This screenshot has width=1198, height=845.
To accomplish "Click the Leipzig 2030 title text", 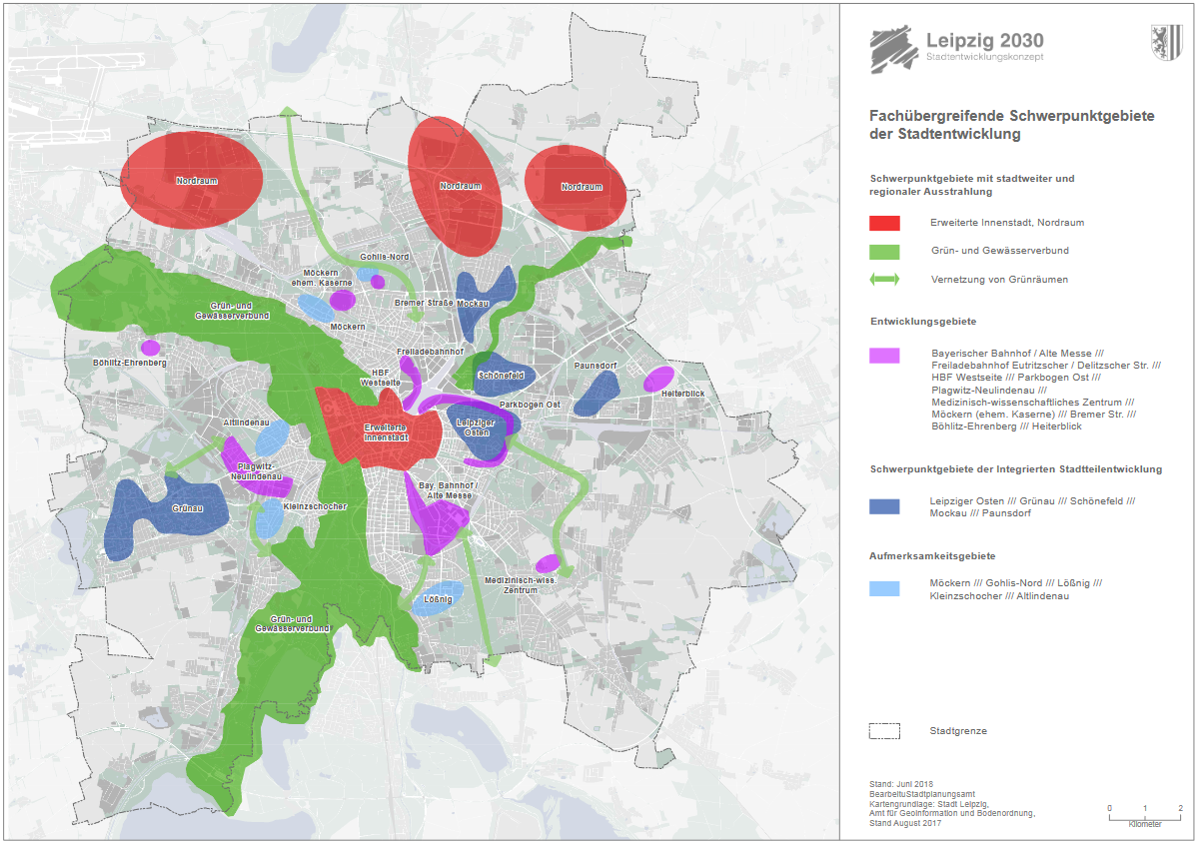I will click(x=984, y=41).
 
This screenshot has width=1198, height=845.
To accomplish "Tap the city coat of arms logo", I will click(x=1166, y=45).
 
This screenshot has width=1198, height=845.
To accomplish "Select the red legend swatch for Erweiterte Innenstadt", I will click(x=884, y=223).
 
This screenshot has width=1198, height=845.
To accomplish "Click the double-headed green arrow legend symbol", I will click(x=884, y=280).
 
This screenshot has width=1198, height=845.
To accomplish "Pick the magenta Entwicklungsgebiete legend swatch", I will click(x=884, y=355).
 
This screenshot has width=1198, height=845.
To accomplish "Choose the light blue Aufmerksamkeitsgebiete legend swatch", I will click(x=884, y=589).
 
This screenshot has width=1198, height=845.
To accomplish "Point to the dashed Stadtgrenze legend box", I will click(x=884, y=731).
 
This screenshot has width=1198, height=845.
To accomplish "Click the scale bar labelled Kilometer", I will click(x=1145, y=815).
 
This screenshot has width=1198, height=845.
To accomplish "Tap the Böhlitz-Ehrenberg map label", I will click(x=129, y=363).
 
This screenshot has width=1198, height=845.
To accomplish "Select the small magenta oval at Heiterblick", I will click(x=658, y=380).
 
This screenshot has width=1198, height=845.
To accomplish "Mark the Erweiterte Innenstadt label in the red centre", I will click(x=386, y=432).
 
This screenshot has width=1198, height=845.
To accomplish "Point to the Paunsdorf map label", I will click(x=596, y=366).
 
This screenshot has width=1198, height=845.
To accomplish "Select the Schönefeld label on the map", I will click(x=502, y=376).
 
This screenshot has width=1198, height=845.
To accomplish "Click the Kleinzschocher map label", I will click(x=315, y=506).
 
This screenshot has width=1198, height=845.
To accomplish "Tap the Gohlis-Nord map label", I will click(x=384, y=257).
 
